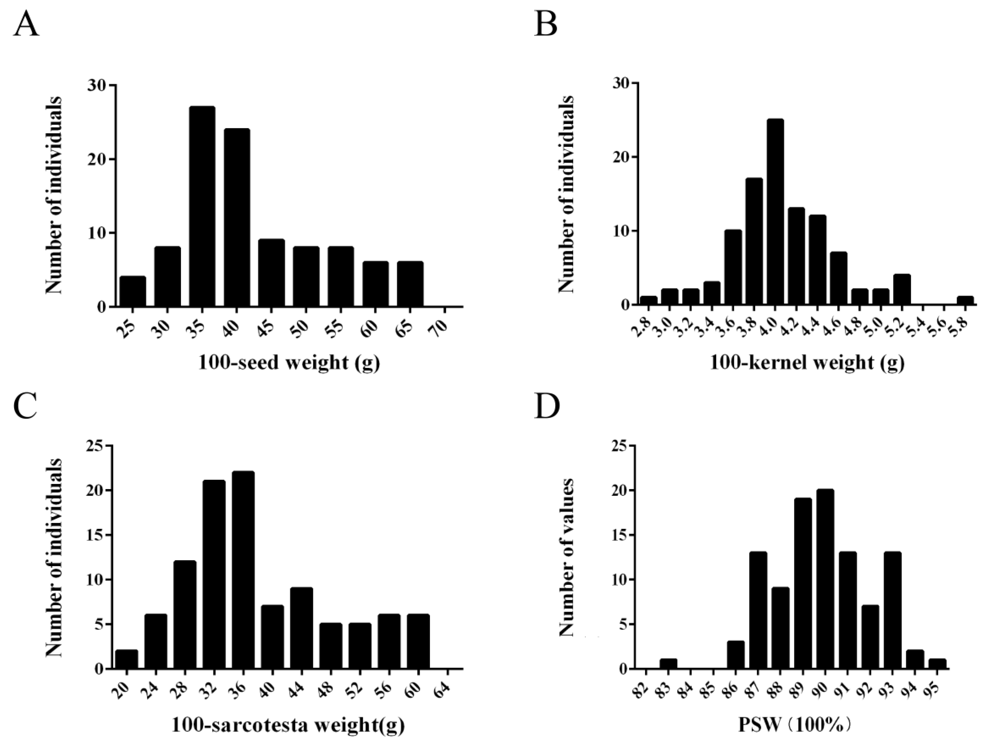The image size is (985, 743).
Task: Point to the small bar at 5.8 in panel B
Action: tap(965, 301)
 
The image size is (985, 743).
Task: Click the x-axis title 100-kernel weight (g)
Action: tap(806, 363)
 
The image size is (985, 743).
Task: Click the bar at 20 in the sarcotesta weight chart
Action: tap(126, 659)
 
